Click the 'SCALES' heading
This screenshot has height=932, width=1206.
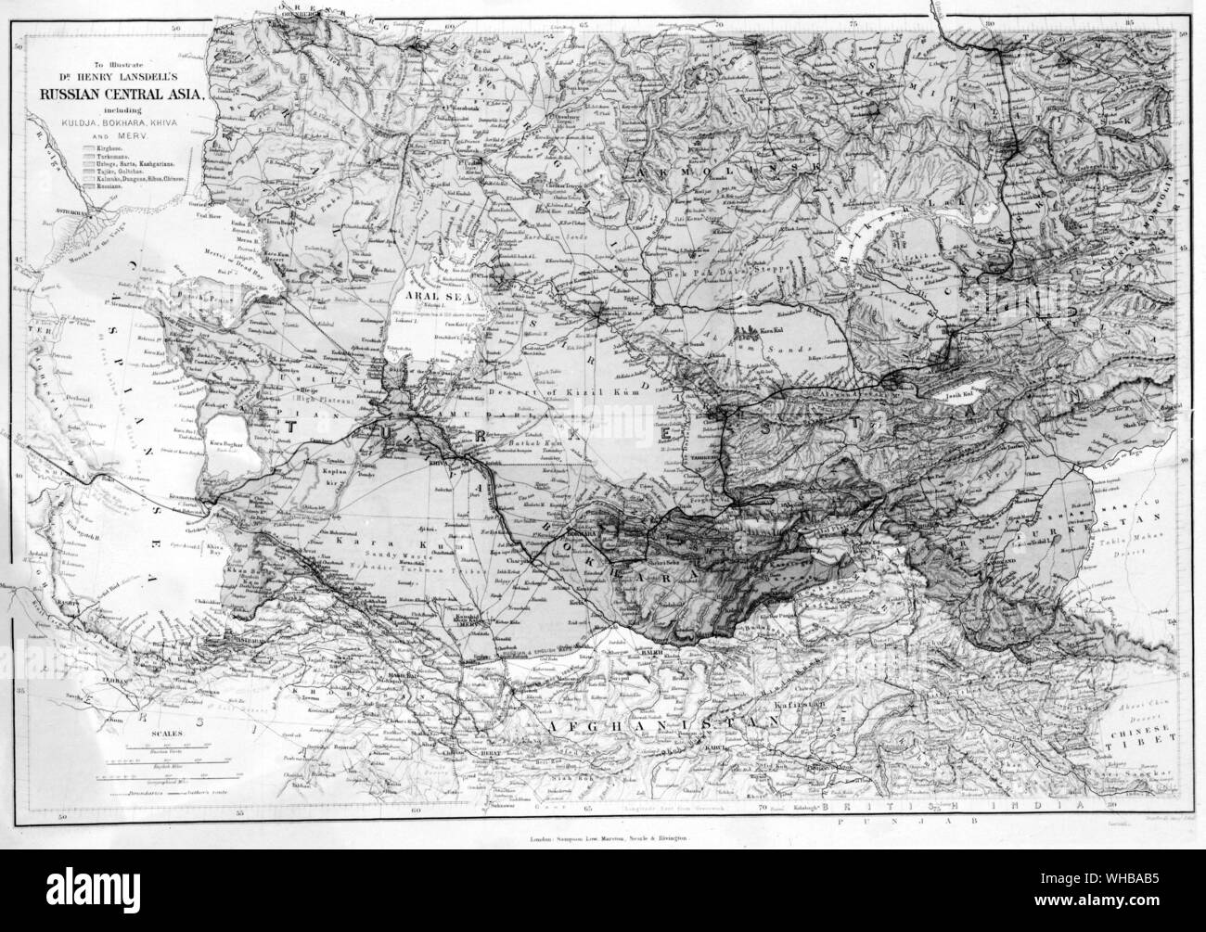171,733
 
